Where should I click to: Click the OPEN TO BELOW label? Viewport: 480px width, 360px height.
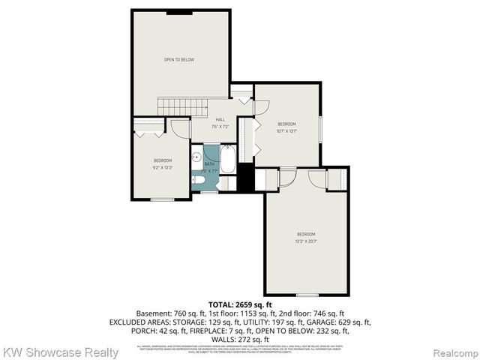click(x=180, y=59)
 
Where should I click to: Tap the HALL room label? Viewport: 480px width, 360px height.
click(x=220, y=120)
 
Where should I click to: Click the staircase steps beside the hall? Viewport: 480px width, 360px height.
click(x=184, y=106)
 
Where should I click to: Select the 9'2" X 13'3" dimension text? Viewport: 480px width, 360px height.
click(x=163, y=167)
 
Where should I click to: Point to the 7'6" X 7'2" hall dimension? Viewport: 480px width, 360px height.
click(x=220, y=127)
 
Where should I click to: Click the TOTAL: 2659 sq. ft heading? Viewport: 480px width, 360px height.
click(x=240, y=304)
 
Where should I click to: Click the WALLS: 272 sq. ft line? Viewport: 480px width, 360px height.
click(x=240, y=339)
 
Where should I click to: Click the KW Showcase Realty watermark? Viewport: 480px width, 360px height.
click(x=60, y=352)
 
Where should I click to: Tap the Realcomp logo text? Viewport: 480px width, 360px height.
click(x=454, y=352)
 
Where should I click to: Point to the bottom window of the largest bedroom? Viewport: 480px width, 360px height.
click(x=307, y=295)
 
